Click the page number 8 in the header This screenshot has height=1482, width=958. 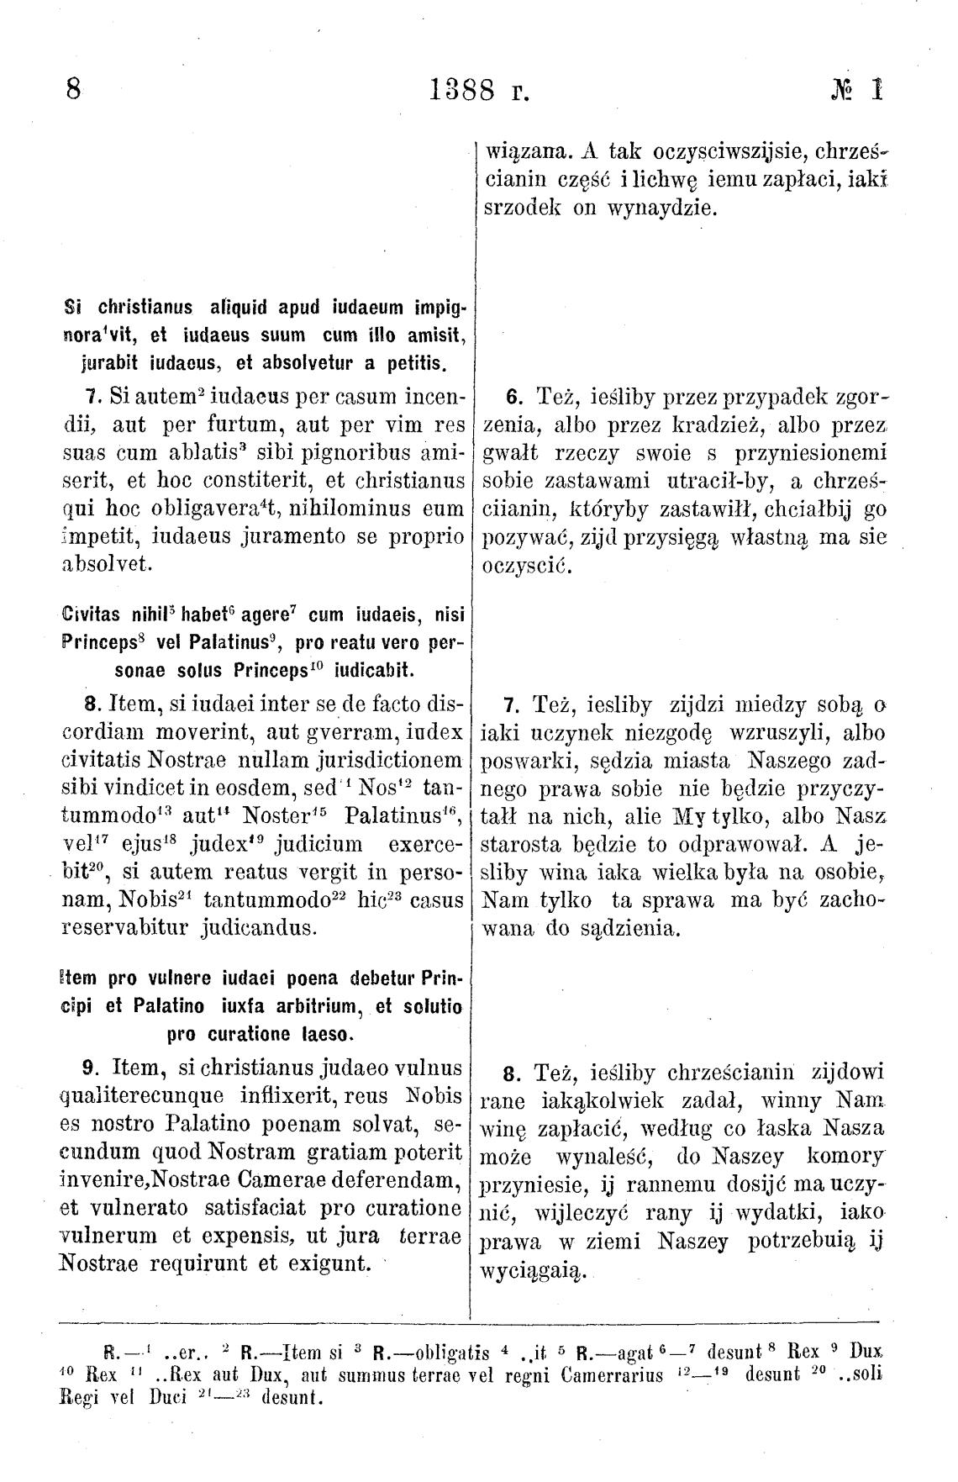coord(73,89)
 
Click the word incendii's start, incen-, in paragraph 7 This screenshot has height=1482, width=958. coord(427,394)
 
